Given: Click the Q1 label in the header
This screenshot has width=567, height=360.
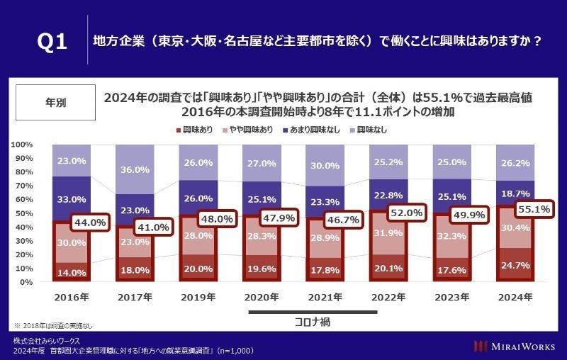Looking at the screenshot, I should click(x=52, y=42).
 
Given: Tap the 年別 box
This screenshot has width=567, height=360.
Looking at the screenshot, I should click(x=55, y=102).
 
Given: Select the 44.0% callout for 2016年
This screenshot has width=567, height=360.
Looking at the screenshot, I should click(x=91, y=223).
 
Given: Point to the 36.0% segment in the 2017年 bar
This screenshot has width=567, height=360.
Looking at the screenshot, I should click(x=134, y=169).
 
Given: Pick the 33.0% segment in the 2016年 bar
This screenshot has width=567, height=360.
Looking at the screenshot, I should click(x=71, y=200).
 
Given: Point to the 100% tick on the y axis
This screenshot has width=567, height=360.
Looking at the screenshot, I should click(x=22, y=145).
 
